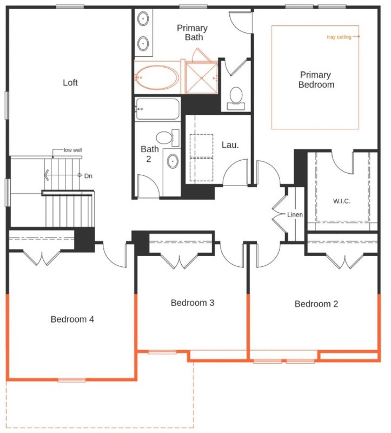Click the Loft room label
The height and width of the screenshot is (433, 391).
coord(70,83)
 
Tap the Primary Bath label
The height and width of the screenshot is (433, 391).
coord(192,33)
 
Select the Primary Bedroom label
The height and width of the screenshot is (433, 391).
coord(316,80)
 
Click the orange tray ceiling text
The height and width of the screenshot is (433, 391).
coord(339,37)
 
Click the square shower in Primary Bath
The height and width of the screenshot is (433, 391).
coord(201,78)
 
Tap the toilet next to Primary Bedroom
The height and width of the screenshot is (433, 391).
coord(236,96)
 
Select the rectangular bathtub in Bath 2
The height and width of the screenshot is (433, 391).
coord(157,109)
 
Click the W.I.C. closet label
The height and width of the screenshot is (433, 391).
coord(342,201)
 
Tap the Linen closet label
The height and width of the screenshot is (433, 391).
coord(295,215)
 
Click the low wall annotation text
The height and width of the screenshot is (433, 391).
coord(72,150)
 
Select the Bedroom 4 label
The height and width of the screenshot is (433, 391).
coord(72,319)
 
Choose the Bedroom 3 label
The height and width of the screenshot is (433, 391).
coord(193,303)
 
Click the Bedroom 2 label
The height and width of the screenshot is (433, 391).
coord(316,304)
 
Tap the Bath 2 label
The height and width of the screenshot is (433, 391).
coord(149,153)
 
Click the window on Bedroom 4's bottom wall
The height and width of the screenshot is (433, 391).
coord(72,380)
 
